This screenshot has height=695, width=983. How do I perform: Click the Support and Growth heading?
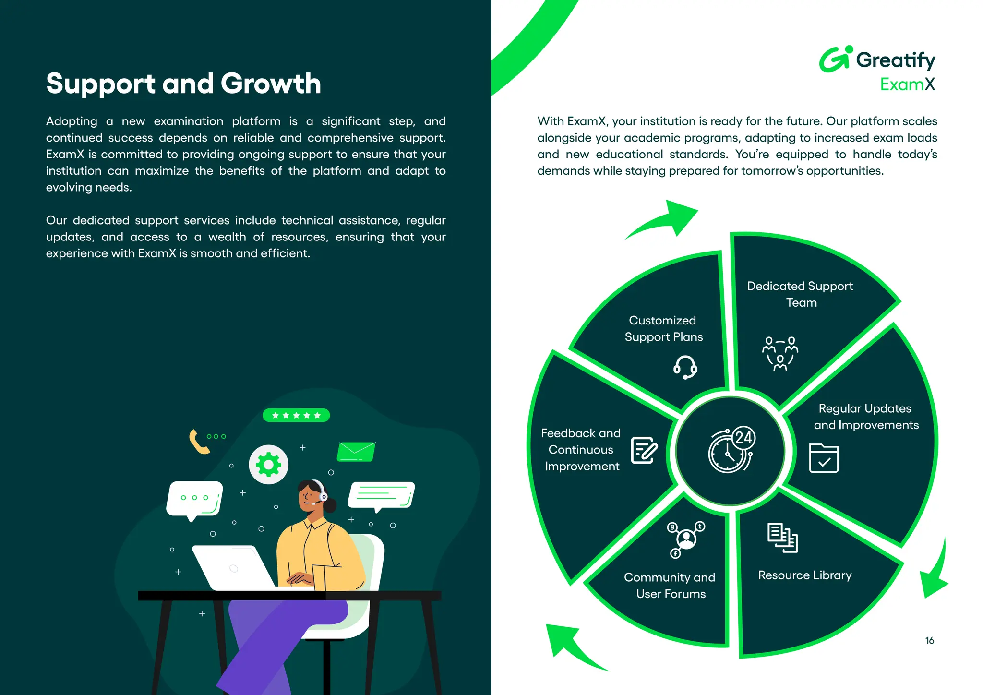[x=183, y=84]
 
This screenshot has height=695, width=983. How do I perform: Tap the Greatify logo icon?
[x=835, y=60]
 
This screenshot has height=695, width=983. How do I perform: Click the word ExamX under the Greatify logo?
[x=907, y=84]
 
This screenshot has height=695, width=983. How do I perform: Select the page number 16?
[x=929, y=640]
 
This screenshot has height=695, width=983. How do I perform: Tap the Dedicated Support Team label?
[x=800, y=294]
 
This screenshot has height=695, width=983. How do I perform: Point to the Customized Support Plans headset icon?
[x=685, y=368]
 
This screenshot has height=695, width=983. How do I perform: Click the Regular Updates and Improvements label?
[x=865, y=417]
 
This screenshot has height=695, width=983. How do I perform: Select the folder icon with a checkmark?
[x=824, y=458]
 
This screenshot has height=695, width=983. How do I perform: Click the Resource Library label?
[x=805, y=575]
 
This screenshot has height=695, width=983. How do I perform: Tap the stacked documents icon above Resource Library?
[x=782, y=538]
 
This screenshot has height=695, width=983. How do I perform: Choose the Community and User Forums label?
[x=670, y=586]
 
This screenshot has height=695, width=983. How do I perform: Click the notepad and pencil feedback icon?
[x=644, y=450]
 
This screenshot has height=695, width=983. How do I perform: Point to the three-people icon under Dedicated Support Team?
[x=780, y=353]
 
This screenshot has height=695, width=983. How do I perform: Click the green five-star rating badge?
[x=296, y=415]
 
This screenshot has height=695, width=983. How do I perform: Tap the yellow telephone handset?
[x=198, y=442]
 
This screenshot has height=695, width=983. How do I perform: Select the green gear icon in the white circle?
[x=268, y=465]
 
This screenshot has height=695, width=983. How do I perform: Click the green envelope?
[x=356, y=451]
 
